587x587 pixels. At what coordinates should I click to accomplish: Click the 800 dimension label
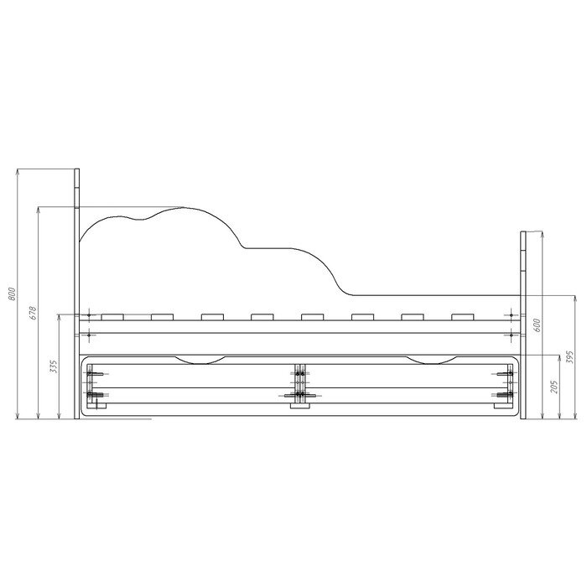12,293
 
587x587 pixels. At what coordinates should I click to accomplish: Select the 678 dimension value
33,313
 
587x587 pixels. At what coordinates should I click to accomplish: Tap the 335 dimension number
54,366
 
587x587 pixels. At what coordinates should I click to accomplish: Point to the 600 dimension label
536,325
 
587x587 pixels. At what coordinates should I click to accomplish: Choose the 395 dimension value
569,357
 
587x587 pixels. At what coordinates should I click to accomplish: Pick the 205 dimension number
554,387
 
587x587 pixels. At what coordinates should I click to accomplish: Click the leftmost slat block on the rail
112,317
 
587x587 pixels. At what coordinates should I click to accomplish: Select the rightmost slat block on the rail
463,317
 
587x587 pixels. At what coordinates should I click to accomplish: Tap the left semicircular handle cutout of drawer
200,361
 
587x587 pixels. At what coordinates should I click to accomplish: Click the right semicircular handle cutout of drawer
432,361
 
